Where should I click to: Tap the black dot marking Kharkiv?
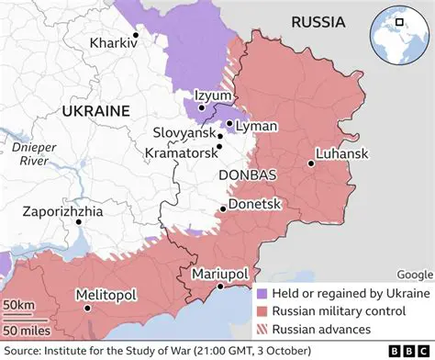135,36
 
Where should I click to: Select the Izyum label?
213,96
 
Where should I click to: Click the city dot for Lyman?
229,123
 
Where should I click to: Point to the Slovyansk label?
183,133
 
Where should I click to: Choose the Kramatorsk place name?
180,152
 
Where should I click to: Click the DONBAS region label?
248,174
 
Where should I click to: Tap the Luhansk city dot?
311,164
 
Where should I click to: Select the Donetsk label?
253,204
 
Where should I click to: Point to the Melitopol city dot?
87,309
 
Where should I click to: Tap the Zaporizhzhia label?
63,212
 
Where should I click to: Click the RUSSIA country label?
318,22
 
